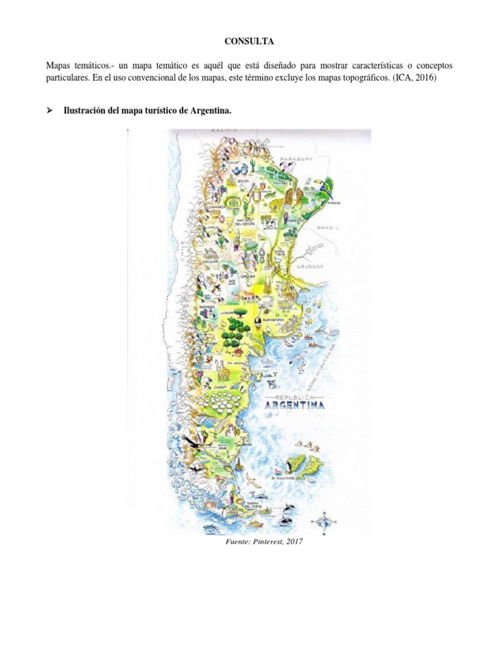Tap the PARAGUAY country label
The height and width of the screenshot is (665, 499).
coord(296,158)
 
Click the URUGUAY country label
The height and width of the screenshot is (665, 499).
coord(309,266)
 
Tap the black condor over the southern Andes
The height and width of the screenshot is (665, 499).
coord(194,442)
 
